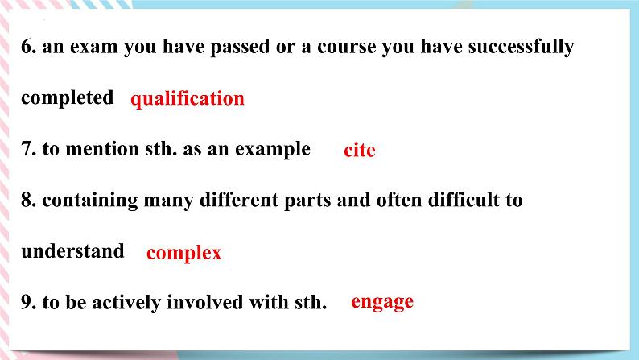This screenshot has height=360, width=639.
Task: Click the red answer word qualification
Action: (x=188, y=99)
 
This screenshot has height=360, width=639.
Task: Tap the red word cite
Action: (x=360, y=150)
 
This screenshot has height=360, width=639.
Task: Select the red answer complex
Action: (x=183, y=253)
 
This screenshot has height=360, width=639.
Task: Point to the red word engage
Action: (x=382, y=302)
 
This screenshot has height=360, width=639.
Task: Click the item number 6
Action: (x=28, y=47)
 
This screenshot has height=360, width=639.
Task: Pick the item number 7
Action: (x=28, y=149)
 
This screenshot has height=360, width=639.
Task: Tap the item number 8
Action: (x=28, y=200)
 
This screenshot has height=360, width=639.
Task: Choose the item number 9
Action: (x=28, y=302)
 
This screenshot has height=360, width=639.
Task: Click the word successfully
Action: (x=522, y=47)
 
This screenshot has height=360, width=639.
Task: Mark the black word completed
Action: (x=68, y=97)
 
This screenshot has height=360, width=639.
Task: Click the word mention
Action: (x=102, y=149)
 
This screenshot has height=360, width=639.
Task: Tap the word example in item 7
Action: (x=273, y=150)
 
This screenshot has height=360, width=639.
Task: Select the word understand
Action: (x=72, y=251)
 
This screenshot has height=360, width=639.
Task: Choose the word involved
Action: (x=205, y=302)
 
